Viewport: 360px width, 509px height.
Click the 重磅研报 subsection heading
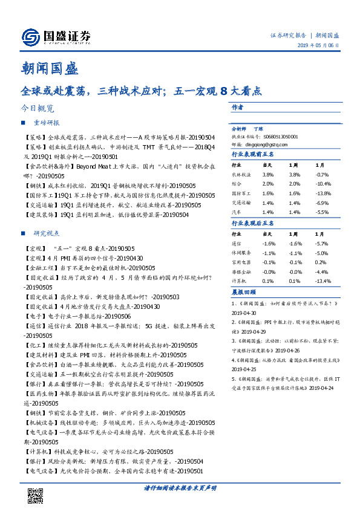[x=46, y=123]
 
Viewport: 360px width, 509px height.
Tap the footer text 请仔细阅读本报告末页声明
[x=180, y=487]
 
